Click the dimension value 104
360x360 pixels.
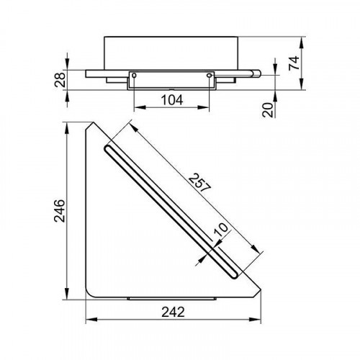pyautogui.click(x=172, y=100)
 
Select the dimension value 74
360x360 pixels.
pyautogui.click(x=294, y=63)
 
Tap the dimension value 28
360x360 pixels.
pyautogui.click(x=60, y=79)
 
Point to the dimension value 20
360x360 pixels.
pyautogui.click(x=268, y=110)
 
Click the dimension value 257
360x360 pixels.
pyautogui.click(x=199, y=183)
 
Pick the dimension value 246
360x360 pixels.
pyautogui.click(x=60, y=211)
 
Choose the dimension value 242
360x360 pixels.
pyautogui.click(x=173, y=312)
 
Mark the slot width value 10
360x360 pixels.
pyautogui.click(x=221, y=230)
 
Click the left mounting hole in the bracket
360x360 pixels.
pyautogui.click(x=134, y=76)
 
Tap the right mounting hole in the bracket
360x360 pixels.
pyautogui.click(x=210, y=76)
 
